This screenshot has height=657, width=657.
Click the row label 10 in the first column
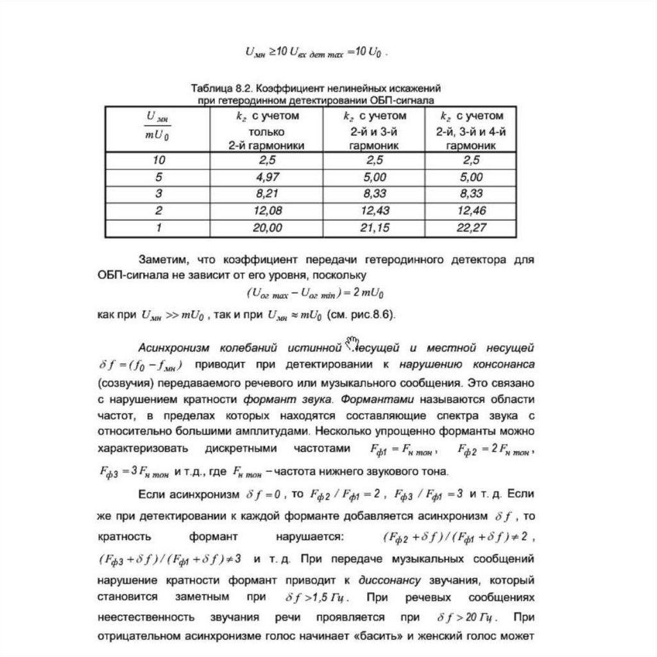point(158,160)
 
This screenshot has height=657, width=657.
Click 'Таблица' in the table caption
point(212,88)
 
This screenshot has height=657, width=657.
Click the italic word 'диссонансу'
point(389,581)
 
